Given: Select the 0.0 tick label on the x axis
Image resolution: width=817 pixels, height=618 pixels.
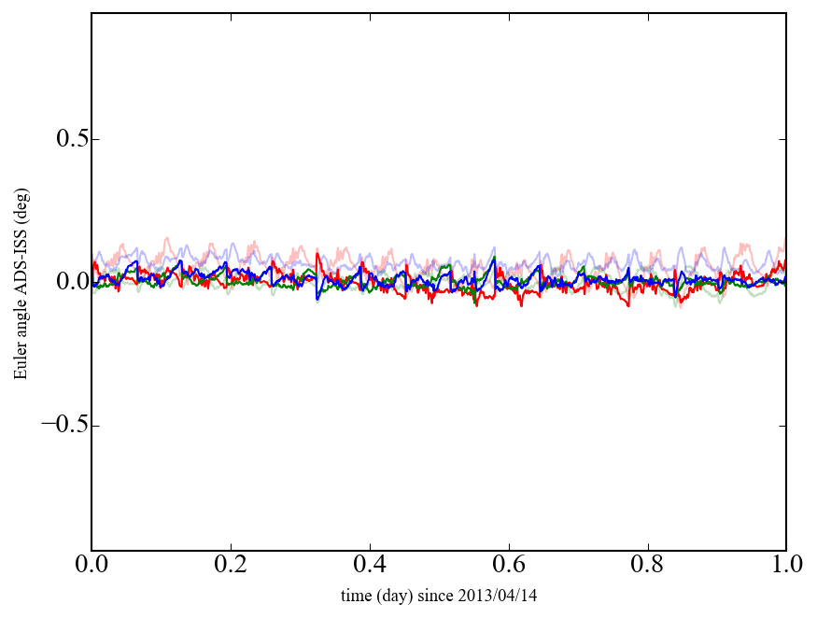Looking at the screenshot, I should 92,567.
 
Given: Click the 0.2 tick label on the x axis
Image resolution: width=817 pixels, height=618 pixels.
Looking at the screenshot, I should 231,567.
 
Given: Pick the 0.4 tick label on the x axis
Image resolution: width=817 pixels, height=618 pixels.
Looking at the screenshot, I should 370,567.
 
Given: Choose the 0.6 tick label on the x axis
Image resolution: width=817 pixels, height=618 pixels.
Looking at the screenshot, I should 509,567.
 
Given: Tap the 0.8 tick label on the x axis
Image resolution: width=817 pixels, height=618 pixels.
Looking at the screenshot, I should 647,567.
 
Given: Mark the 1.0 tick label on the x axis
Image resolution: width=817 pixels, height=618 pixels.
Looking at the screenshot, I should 786,567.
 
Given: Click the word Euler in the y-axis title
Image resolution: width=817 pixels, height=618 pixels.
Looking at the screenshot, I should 21,363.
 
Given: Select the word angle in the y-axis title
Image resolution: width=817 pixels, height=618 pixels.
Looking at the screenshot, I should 21,321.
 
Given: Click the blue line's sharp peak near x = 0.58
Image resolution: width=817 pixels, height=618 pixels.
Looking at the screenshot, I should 494,259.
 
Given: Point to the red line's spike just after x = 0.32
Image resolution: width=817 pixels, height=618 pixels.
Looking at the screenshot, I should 317,253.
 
